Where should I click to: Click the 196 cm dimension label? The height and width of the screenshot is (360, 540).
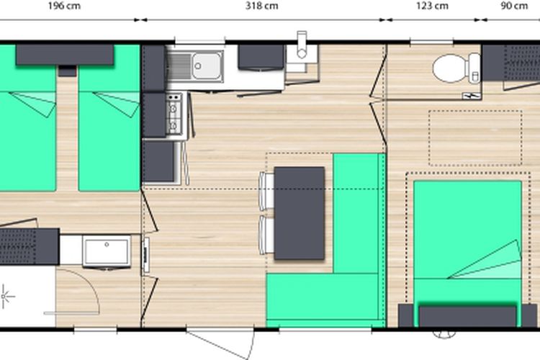64,6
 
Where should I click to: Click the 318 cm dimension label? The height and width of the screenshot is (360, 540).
262,6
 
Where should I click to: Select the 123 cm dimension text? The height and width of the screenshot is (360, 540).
432,6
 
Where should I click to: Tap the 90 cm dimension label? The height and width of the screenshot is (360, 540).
514,6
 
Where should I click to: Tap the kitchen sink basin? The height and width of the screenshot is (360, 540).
207,66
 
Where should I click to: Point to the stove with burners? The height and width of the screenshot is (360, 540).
174,114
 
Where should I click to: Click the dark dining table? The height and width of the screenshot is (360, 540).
300,213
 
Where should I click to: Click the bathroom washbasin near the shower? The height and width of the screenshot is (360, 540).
107,251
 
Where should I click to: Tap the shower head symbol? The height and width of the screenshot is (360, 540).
5,296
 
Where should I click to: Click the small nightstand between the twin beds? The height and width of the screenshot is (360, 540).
67,71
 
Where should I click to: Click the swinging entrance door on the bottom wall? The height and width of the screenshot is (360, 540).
220,343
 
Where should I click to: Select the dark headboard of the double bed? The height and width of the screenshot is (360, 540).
467,315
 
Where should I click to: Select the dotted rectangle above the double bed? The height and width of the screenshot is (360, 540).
475,138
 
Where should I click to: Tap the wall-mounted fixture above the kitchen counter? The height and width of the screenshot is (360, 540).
302,45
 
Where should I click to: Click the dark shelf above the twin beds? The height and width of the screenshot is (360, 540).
65,55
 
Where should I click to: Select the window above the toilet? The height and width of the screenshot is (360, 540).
431,42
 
